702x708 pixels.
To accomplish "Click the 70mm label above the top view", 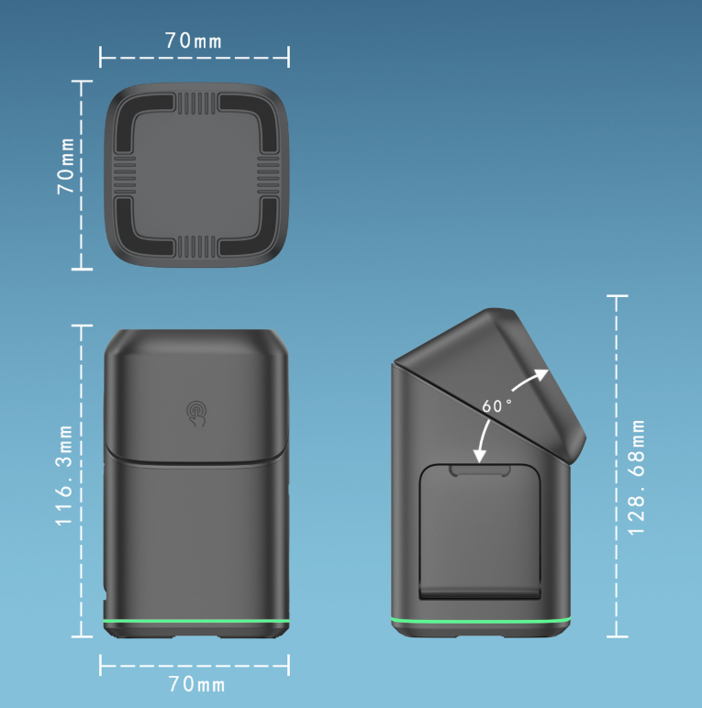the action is [194, 41].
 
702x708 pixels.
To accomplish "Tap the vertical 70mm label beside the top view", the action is [66, 166].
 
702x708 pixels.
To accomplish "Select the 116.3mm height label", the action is [64, 475].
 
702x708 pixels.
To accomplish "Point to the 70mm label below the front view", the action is [196, 684].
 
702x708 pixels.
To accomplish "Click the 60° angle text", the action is [497, 406].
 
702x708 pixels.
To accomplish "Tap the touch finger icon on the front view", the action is [196, 413].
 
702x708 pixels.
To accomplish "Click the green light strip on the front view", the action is [196, 622].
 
